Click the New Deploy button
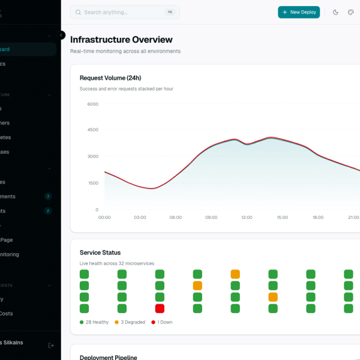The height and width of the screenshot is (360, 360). pyautogui.click(x=299, y=12)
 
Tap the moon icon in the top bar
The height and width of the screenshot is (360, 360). pyautogui.click(x=335, y=12)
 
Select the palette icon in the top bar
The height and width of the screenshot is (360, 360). pyautogui.click(x=351, y=12)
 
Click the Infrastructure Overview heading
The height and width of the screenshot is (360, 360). pyautogui.click(x=121, y=40)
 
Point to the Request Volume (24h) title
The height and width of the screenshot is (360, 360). pyautogui.click(x=110, y=78)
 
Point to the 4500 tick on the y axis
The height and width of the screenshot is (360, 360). pyautogui.click(x=92, y=130)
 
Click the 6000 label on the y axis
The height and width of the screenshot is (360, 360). pyautogui.click(x=92, y=104)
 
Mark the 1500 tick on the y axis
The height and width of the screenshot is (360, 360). pyautogui.click(x=92, y=183)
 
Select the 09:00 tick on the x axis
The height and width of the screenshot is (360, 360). pyautogui.click(x=211, y=217)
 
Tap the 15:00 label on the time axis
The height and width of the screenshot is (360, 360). pyautogui.click(x=282, y=217)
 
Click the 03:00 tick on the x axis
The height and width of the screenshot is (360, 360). pyautogui.click(x=140, y=217)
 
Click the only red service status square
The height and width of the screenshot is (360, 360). pyautogui.click(x=160, y=308)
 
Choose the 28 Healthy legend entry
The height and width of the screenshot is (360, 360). pyautogui.click(x=94, y=322)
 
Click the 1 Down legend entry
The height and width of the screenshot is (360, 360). pyautogui.click(x=163, y=322)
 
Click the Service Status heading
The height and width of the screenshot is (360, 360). pyautogui.click(x=100, y=253)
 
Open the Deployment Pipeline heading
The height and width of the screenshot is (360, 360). pyautogui.click(x=109, y=357)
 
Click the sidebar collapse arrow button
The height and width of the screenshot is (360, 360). pyautogui.click(x=61, y=35)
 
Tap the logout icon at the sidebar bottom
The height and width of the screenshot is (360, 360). pyautogui.click(x=51, y=345)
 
